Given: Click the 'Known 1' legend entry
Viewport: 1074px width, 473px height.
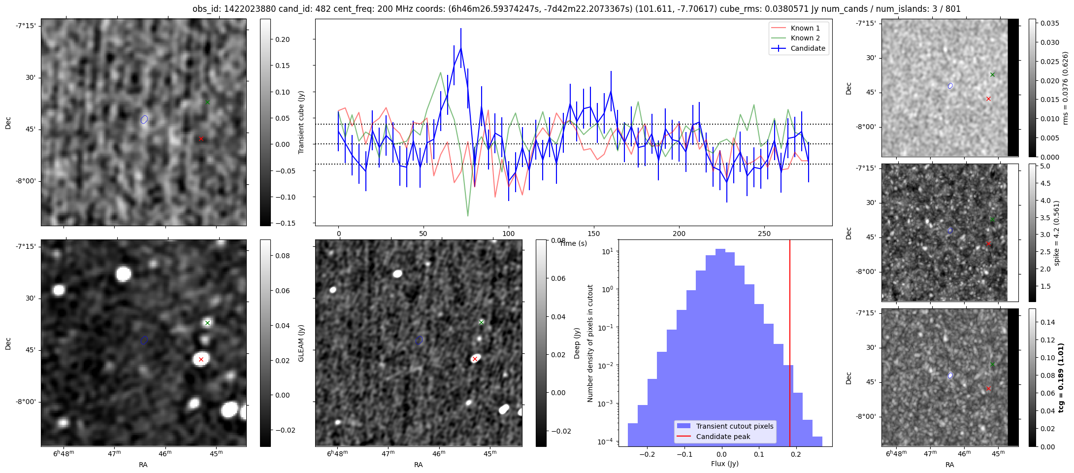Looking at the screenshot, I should coord(805,28).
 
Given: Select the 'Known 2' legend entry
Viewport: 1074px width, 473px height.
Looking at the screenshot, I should coord(805,38).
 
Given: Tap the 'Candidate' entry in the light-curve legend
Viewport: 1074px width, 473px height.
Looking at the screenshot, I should coord(808,48).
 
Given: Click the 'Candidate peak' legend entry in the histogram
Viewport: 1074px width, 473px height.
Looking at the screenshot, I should coord(723,437).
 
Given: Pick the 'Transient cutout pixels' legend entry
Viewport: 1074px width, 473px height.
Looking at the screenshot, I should coord(734,426).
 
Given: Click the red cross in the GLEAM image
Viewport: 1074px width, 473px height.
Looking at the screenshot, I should coord(201,360).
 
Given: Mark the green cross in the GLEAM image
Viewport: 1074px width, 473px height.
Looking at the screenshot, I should coord(208,323).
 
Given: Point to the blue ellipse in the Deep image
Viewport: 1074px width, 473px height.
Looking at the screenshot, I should coord(419,340).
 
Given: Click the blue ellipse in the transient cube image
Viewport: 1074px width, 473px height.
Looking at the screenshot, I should coord(144,119).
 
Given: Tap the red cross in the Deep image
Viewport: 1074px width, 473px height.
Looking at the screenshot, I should coord(475,359).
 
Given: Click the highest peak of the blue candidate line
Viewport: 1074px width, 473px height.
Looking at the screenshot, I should coord(461,48).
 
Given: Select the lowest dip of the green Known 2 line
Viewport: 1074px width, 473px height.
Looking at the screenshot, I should coord(468,216).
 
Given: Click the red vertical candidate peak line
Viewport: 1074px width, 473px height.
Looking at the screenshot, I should coord(790,345).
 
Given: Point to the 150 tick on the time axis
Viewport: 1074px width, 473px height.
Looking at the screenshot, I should coord(594,233).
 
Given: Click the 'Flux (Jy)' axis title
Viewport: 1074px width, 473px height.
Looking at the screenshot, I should coord(724,464).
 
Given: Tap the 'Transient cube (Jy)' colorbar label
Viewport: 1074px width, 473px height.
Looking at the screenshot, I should coord(301,122).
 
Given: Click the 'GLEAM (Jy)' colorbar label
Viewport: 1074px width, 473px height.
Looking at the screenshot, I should coord(301,343).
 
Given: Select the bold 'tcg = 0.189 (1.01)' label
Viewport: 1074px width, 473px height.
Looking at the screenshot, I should coord(1061,377).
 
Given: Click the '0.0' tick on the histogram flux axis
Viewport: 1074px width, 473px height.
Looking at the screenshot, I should coord(721,454).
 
